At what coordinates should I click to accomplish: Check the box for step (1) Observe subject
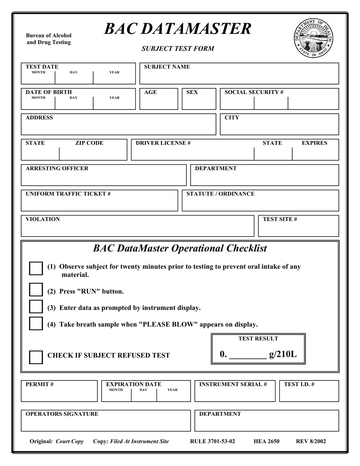36,268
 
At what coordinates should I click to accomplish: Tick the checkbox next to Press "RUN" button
36,290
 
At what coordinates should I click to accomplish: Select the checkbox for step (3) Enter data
36,306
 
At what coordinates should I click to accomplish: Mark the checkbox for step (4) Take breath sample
36,323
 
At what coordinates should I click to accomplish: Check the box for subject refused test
36,357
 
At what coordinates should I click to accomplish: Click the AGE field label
150,92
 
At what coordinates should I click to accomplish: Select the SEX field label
192,92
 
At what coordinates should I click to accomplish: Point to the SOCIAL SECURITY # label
254,92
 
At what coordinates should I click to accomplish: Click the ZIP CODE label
89,143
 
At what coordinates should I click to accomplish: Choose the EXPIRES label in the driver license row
314,143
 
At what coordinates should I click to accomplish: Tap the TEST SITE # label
280,219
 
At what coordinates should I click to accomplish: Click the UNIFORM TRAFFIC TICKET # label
68,194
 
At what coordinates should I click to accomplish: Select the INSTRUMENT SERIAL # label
233,384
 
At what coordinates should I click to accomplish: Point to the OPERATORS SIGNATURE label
62,414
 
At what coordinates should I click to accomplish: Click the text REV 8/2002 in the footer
311,441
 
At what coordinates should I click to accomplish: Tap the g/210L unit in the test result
283,354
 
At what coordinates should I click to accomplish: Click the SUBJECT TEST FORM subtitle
178,48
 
